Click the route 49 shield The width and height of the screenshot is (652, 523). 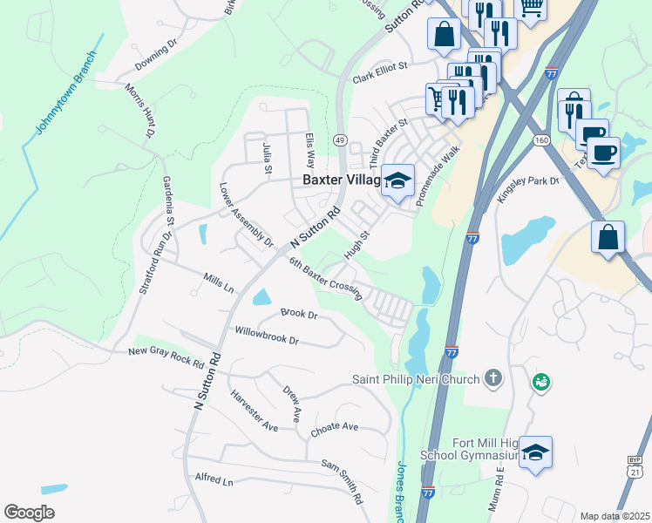coord(340,139)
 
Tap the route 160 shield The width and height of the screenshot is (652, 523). coord(541,139)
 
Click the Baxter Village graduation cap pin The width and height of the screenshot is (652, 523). coord(399,181)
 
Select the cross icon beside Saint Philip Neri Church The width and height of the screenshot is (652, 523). coord(493,378)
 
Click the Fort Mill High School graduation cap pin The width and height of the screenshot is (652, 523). coord(535,453)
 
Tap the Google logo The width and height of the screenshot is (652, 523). coord(29,513)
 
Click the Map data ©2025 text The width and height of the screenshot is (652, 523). coord(615,516)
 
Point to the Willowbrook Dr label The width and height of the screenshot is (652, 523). coord(267,336)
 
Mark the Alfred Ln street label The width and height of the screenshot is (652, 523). coord(214,480)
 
